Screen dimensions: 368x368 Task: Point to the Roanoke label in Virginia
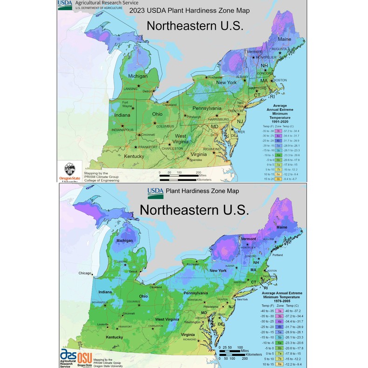point(196,160)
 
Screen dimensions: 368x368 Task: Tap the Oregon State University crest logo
point(70,170)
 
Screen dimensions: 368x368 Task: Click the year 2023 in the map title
point(138,11)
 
